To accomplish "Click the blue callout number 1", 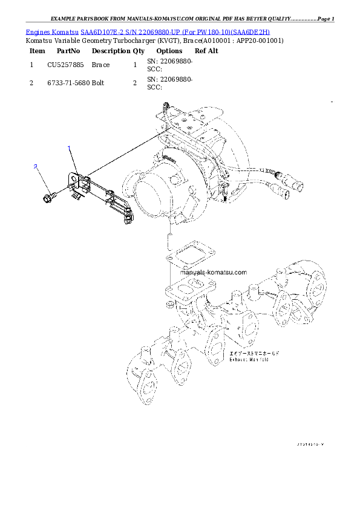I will coord(70,148).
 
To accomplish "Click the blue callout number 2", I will coord(36,166).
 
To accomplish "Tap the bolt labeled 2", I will coord(49,197).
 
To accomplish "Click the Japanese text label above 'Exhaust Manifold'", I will coord(254,352).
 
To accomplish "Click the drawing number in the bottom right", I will coord(310,444).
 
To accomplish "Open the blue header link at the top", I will coord(148,31).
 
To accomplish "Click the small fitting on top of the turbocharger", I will coord(164,109).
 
